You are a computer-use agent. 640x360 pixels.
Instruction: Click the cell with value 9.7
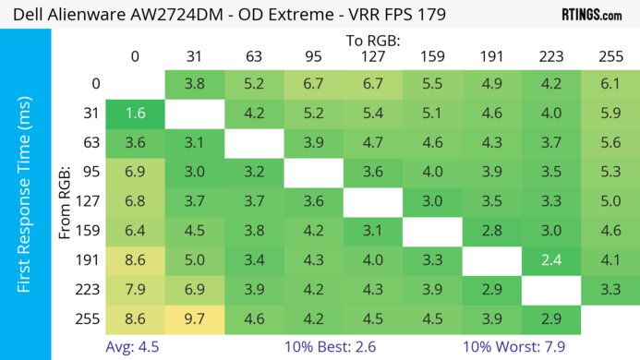194,321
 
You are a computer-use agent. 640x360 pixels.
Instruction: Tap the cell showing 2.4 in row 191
550,260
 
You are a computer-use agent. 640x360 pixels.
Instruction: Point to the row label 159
90,232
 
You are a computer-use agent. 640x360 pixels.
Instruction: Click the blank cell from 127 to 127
372,202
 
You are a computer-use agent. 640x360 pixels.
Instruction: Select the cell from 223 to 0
135,291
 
